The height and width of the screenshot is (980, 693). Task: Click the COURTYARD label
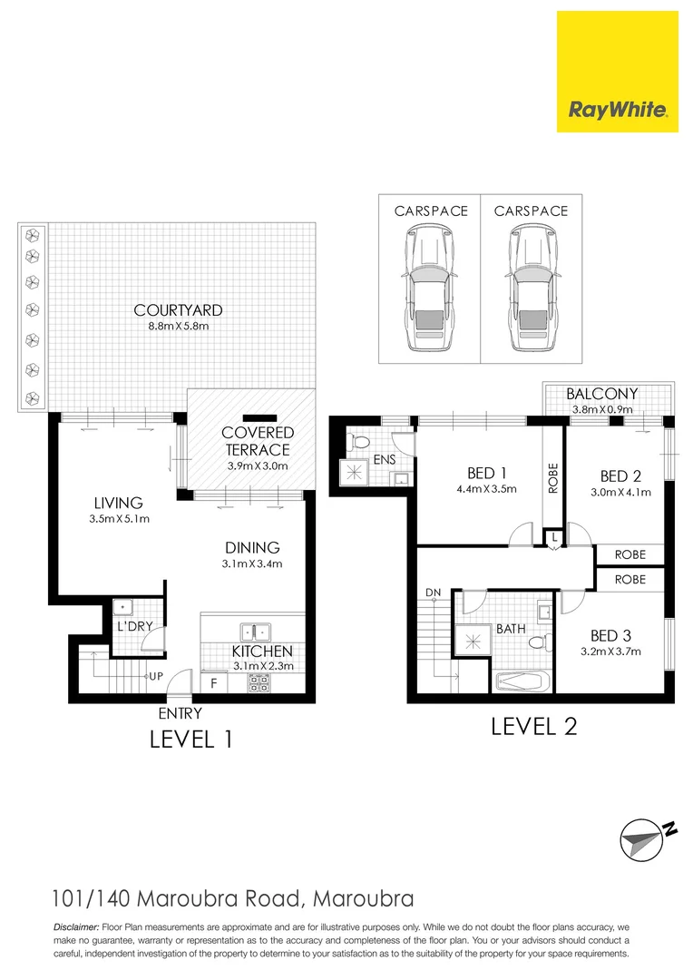tap(178, 310)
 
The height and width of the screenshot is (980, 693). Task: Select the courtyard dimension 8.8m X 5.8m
tap(178, 327)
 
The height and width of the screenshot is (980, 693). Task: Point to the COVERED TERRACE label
tap(258, 441)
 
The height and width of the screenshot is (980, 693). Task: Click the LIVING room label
tap(117, 503)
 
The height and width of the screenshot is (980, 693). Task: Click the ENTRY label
tap(180, 714)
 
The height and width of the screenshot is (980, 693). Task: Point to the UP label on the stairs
tap(156, 677)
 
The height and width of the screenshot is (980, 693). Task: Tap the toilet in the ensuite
tap(360, 442)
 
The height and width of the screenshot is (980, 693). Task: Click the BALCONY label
tap(602, 394)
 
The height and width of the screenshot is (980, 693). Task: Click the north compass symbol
tap(647, 837)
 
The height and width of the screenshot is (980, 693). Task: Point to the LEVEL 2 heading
tap(534, 726)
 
